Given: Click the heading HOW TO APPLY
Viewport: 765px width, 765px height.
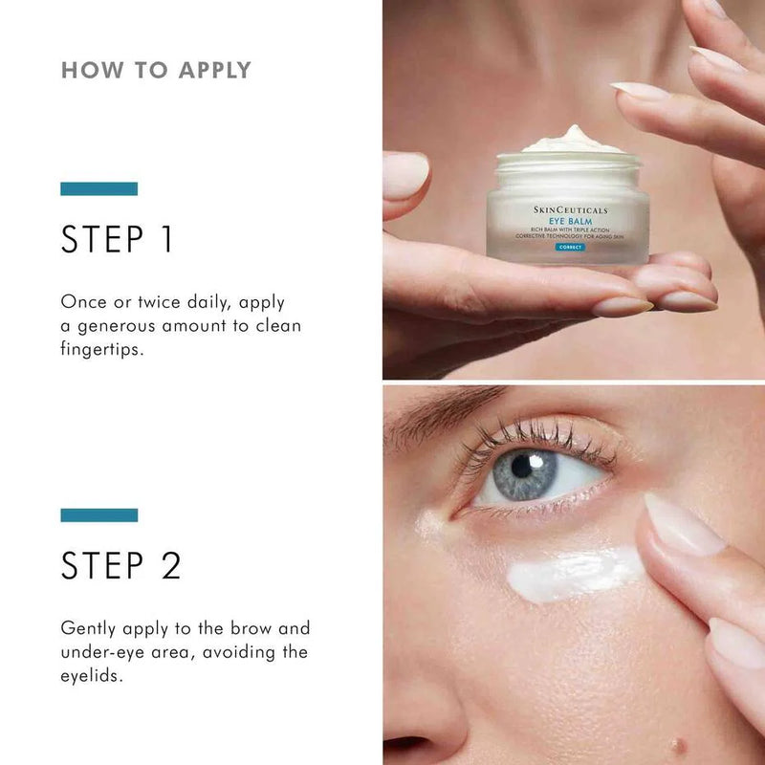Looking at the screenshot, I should (x=156, y=70).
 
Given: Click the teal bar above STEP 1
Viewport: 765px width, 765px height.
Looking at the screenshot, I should (x=98, y=188).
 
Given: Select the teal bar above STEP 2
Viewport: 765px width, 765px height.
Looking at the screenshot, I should (x=98, y=514).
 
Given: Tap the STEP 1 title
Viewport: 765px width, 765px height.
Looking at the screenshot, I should (x=117, y=239).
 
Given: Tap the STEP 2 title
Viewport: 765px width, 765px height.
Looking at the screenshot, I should (x=120, y=565).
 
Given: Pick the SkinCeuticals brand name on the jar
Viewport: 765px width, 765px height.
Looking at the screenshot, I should (x=570, y=209).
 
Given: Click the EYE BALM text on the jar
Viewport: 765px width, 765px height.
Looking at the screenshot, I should (x=570, y=219).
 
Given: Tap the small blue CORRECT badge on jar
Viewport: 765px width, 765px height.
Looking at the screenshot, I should (x=569, y=247).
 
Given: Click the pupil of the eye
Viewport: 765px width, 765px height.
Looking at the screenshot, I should (x=523, y=465).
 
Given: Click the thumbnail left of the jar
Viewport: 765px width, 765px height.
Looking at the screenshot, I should (x=404, y=176).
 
